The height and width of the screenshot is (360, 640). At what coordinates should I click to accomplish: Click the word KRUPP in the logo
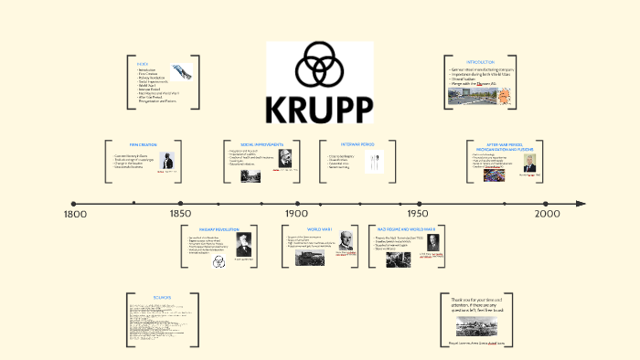point(320,109)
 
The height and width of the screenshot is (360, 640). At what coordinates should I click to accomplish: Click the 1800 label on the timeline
point(76,214)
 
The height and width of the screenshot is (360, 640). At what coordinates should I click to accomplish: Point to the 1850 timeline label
point(181,214)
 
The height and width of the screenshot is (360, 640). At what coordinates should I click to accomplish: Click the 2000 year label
point(548,214)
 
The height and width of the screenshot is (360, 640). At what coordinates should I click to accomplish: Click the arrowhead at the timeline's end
point(581,204)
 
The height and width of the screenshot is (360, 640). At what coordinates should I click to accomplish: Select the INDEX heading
point(143,63)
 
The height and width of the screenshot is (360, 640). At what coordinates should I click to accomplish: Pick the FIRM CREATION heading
point(145,143)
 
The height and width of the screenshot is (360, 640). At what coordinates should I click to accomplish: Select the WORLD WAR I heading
point(319,228)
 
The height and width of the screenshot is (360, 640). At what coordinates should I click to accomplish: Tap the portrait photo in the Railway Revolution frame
point(243,244)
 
